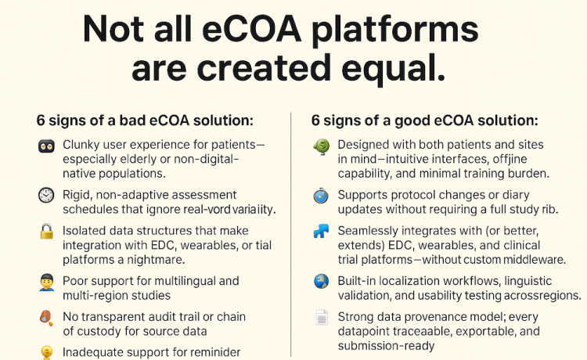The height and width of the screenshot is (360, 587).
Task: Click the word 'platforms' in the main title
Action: coord(395,31)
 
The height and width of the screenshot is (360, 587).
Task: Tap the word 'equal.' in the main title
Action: coord(393,69)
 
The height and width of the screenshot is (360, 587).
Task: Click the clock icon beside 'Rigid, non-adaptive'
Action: coord(46,196)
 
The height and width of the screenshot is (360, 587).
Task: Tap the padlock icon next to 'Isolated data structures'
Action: coord(46,232)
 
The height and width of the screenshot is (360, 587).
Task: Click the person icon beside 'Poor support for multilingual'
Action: coord(47,283)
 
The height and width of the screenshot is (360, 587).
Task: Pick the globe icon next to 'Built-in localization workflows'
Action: coord(322,282)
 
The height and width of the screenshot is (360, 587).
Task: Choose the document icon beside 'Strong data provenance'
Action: coord(322,317)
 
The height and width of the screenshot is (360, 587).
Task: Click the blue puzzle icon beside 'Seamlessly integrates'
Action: coord(321,232)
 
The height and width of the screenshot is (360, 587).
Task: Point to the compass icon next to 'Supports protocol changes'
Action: coord(321,196)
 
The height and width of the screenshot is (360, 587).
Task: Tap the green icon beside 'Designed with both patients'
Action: coord(322,146)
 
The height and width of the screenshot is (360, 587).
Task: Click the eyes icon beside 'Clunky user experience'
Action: coord(46,146)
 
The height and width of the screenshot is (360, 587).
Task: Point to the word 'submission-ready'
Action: coord(386,346)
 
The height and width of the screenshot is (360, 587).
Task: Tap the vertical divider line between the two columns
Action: coord(291,235)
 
